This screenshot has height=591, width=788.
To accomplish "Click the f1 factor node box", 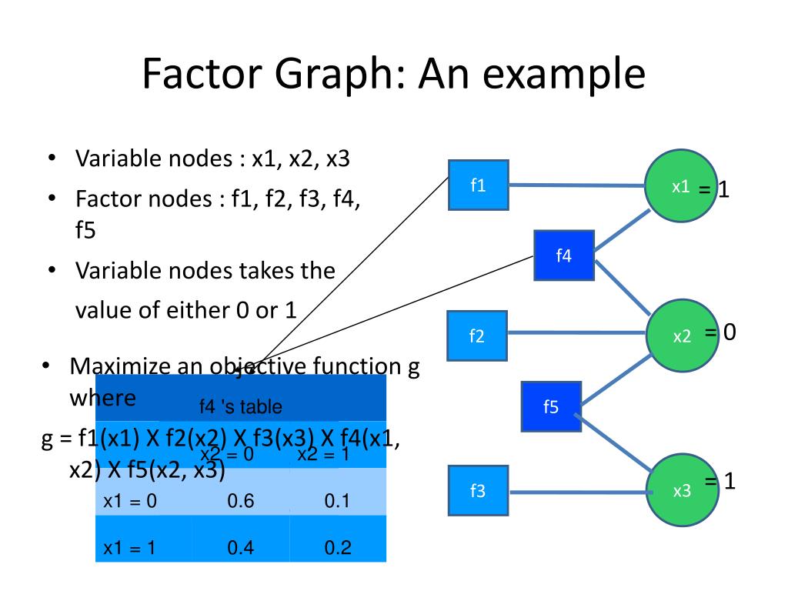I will [478, 185].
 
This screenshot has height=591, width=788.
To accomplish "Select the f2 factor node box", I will [477, 336].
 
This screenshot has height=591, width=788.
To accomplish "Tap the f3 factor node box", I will [478, 490].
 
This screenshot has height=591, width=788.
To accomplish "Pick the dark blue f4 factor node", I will [564, 255].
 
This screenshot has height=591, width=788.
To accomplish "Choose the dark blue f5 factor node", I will [551, 406].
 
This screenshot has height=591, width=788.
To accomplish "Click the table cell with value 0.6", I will [241, 502].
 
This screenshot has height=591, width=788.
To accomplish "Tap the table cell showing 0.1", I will [337, 502].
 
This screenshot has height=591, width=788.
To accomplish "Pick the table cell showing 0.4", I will [241, 548].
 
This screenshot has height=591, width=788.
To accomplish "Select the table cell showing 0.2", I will [337, 548].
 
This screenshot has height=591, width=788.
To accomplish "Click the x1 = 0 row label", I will [130, 502].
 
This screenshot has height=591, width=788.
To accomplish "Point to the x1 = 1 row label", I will [130, 548].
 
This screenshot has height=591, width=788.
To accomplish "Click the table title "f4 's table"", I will [240, 406].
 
